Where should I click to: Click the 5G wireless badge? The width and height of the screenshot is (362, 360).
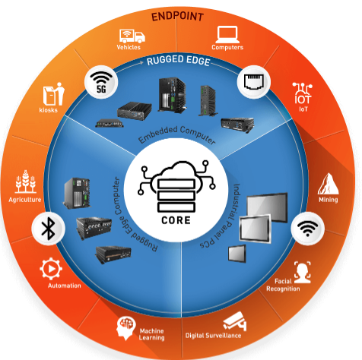(x=101, y=82)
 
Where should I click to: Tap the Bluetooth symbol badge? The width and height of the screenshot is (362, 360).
(x=49, y=229)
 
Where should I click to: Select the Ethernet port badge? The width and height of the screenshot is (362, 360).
(x=254, y=82)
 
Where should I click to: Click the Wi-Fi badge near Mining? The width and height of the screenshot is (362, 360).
(x=307, y=229)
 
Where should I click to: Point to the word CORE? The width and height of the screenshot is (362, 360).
(x=176, y=220)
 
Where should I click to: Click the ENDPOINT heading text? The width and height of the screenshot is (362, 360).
(x=177, y=17)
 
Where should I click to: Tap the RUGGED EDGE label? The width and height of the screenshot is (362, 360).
(x=179, y=61)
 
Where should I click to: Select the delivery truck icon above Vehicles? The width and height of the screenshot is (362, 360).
(x=132, y=36)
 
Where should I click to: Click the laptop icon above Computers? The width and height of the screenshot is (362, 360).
(x=227, y=35)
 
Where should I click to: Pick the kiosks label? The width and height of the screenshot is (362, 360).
(x=48, y=110)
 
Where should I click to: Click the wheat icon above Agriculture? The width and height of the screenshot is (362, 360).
(x=25, y=182)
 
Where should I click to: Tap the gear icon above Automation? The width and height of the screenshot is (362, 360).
(x=51, y=269)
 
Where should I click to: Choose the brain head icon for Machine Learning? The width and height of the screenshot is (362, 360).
(x=126, y=328)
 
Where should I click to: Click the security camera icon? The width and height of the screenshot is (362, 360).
(x=235, y=321)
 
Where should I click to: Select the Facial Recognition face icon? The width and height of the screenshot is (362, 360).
(x=303, y=273)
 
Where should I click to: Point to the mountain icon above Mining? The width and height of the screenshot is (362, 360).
(x=329, y=184)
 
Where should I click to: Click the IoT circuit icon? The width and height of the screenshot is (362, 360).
(x=303, y=93)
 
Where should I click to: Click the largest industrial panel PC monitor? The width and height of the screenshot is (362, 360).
(x=267, y=207)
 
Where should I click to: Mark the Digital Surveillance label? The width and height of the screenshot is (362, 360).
(x=213, y=336)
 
